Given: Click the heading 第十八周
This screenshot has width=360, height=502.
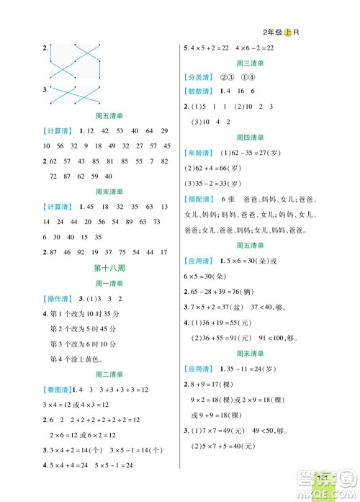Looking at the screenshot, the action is coord(107,268).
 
